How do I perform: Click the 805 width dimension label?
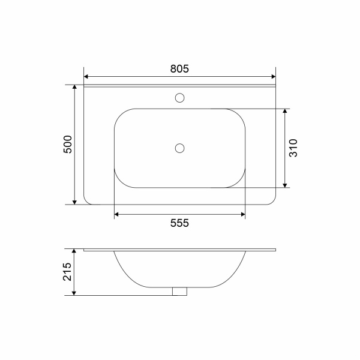[x=179, y=68]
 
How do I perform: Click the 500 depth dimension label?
[x=68, y=145]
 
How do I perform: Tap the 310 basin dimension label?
[x=293, y=148]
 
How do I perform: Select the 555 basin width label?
[x=179, y=223]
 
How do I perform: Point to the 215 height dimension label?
[x=67, y=272]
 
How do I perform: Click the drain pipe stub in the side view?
[x=179, y=292]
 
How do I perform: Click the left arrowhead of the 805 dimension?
[x=86, y=76]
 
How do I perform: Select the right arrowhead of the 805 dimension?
[x=273, y=76]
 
